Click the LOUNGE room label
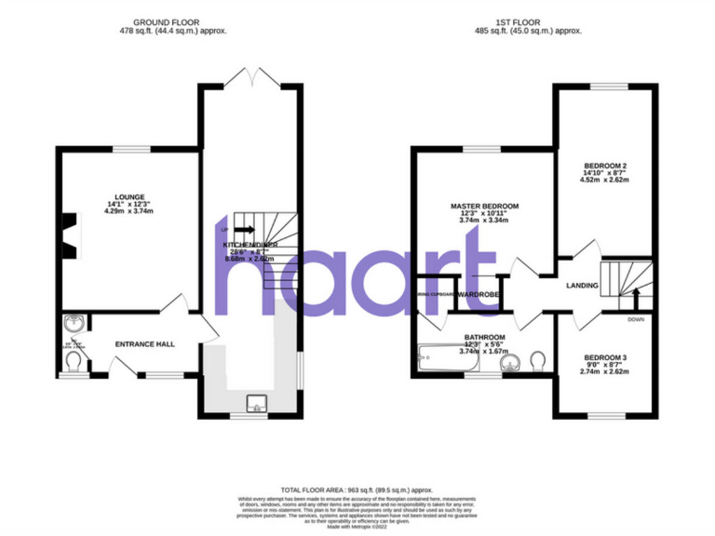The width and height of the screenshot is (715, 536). click(130, 196)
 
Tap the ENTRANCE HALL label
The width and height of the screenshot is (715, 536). click(144, 344)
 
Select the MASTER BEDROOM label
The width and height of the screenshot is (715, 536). click(484, 206)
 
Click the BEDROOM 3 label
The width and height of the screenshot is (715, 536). click(605, 357)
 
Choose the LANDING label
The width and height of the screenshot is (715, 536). click(582, 286)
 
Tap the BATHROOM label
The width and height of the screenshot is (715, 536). click(485, 337)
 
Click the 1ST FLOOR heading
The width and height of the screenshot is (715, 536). click(528, 21)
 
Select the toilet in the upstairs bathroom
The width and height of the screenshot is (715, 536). click(537, 358)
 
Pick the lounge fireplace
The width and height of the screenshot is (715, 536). click(68, 234)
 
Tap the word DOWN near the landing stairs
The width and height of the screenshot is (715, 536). click(636, 319)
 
